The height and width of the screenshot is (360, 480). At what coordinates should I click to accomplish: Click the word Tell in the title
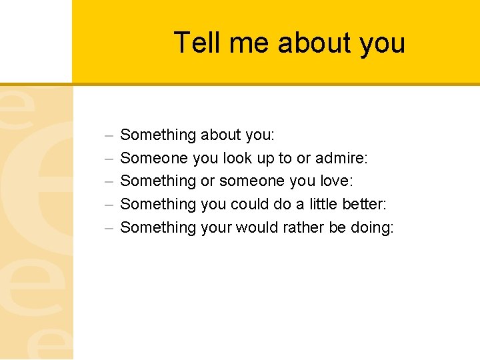(197, 43)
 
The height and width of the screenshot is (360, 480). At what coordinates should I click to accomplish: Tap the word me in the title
(249, 43)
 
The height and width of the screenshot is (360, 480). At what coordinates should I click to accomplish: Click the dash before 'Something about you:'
(109, 135)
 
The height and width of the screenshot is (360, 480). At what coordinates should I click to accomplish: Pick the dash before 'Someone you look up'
(109, 159)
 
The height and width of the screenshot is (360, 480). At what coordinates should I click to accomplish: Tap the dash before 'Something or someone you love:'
(109, 181)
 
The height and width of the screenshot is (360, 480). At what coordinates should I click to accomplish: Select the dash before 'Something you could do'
(109, 205)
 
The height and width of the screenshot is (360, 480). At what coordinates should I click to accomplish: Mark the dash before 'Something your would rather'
(109, 228)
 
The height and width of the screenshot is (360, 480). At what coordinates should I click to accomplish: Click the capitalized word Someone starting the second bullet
(154, 158)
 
